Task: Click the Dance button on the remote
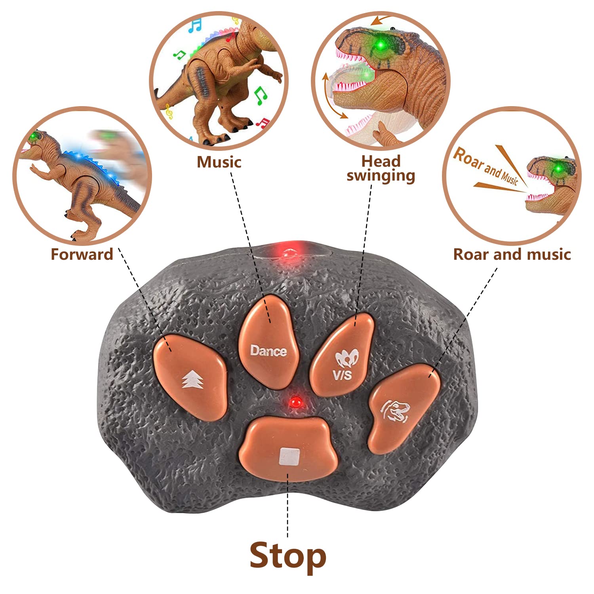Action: (x=268, y=345)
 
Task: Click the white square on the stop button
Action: (x=289, y=456)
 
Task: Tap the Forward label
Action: (x=82, y=254)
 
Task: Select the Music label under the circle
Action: (x=219, y=162)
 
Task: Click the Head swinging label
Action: (x=381, y=168)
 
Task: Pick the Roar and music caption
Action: (x=512, y=254)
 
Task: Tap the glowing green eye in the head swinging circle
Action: (x=381, y=45)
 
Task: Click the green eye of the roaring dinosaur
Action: (x=559, y=169)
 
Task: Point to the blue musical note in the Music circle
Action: (x=194, y=25)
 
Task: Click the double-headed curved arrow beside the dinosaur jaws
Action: (x=332, y=95)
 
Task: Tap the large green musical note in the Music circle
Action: (x=260, y=95)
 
